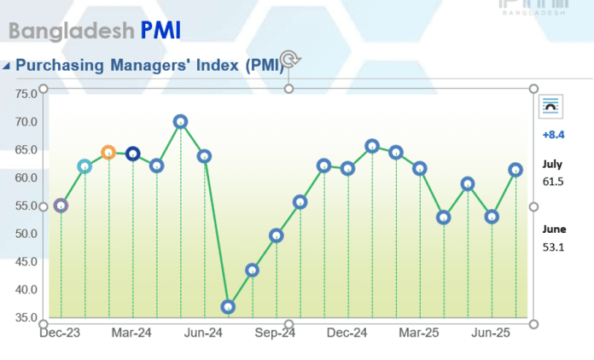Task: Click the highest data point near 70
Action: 180,122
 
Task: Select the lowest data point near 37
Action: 228,306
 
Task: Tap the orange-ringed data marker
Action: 108,153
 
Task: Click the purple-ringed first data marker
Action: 61,206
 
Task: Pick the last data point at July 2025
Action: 515,170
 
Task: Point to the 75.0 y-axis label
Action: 26,93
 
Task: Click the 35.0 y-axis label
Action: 26,317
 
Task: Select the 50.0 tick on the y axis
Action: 26,234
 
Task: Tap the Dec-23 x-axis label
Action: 60,333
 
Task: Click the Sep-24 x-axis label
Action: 275,333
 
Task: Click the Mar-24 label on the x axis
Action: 131,333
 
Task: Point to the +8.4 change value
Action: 553,135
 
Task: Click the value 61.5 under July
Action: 553,182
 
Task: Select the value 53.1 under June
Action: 553,247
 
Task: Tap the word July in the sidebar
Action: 552,165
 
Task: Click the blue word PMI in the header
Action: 161,32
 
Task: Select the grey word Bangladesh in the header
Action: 71,32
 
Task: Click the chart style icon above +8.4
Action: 550,106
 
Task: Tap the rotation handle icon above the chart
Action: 289,59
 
